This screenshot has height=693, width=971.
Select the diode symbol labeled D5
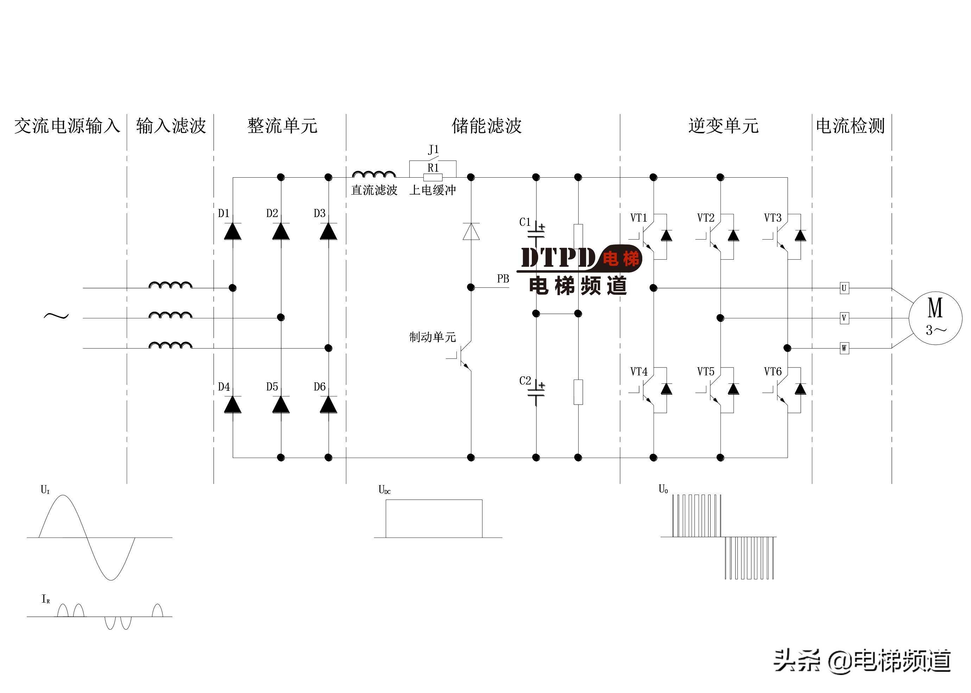coord(280,405)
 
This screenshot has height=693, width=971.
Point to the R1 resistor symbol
coord(433,178)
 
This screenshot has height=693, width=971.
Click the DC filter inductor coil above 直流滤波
coord(374,174)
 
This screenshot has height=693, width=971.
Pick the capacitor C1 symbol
coord(536,233)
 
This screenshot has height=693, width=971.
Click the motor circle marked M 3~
coord(935,318)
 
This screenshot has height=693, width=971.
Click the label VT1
coord(638,218)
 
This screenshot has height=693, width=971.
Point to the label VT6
coord(773,372)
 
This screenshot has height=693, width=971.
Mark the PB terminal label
coord(503,279)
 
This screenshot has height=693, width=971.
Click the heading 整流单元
coord(282,126)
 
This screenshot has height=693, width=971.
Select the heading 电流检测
coord(850,126)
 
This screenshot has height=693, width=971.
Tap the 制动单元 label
coord(433,337)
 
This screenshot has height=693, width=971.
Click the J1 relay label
coord(433,150)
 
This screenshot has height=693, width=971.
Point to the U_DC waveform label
coord(384,490)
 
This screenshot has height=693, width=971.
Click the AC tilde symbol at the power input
coord(56,316)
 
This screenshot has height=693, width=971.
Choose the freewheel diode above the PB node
coord(471,232)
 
